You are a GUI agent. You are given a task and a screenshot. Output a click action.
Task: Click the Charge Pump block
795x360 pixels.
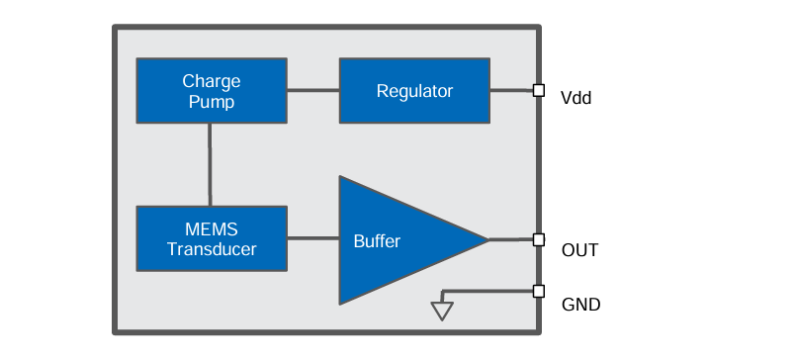[211, 91]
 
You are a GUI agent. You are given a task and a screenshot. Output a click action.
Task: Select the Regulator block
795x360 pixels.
[414, 91]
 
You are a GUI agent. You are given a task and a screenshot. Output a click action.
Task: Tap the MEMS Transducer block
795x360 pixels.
[211, 238]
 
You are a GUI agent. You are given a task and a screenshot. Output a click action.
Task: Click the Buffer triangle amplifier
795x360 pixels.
[396, 239]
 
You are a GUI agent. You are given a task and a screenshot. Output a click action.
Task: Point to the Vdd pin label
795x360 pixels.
[575, 99]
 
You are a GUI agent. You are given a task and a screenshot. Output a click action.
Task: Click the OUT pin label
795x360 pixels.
[579, 249]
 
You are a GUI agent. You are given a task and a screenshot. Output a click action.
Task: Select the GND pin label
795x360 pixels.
[580, 304]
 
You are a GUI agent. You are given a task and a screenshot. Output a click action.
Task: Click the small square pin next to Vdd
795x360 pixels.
[538, 91]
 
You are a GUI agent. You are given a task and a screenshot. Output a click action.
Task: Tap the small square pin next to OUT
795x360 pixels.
[538, 239]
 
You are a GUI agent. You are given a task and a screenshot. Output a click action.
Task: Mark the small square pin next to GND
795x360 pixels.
[538, 291]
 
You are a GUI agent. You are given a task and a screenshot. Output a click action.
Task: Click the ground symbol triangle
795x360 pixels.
[442, 311]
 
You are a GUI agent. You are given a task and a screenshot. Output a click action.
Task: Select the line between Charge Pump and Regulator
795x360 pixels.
[312, 91]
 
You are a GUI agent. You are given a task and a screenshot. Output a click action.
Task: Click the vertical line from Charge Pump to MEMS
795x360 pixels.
[210, 164]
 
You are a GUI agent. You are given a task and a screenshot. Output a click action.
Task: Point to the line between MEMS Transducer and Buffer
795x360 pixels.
[312, 238]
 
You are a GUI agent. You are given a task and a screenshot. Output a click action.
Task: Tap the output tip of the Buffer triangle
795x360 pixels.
[486, 239]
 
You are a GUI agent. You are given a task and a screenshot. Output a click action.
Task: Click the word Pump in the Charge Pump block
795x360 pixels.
[211, 101]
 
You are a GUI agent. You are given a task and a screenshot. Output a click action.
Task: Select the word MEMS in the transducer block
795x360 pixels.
[211, 229]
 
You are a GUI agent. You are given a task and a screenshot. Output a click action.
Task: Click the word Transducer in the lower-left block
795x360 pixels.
[211, 249]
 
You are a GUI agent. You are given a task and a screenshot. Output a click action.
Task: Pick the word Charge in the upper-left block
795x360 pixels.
[211, 81]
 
